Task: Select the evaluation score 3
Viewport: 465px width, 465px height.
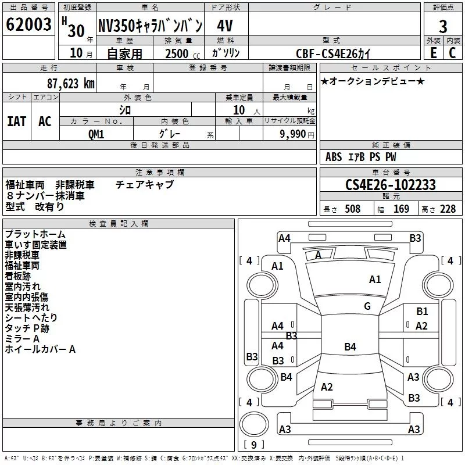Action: pos(443,27)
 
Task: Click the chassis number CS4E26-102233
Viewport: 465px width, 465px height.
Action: pos(390,185)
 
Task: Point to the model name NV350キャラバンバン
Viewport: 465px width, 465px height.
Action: pos(150,26)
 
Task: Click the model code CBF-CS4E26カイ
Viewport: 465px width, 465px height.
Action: pos(332,53)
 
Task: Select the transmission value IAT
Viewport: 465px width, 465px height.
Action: pos(16,121)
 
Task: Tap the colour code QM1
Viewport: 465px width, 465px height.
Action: pos(96,134)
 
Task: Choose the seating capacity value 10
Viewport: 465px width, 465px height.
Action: pos(238,110)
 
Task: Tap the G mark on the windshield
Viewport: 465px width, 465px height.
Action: pos(367,306)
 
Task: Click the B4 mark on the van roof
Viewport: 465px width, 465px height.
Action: pos(350,347)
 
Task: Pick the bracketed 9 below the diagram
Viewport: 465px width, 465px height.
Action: pos(253,445)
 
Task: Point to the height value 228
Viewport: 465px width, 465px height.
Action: pos(447,209)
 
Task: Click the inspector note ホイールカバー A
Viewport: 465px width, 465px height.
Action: pos(40,349)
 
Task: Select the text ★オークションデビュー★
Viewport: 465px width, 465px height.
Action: pos(373,81)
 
